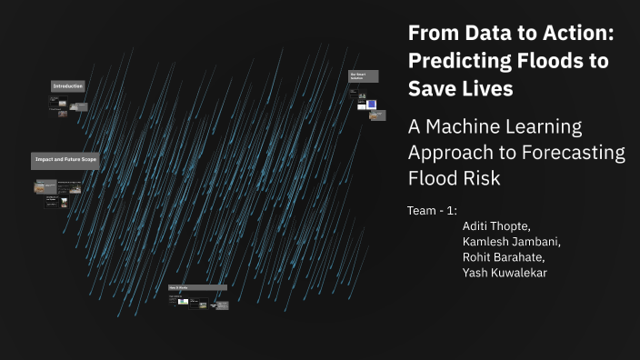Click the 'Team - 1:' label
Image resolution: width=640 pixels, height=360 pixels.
432,211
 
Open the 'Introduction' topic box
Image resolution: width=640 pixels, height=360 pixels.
68,86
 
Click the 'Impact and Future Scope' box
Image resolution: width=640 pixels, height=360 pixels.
65,159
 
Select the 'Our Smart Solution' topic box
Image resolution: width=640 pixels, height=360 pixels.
363,76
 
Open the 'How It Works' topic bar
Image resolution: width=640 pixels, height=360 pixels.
197,287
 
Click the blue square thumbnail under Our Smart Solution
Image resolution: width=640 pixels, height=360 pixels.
371,105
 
